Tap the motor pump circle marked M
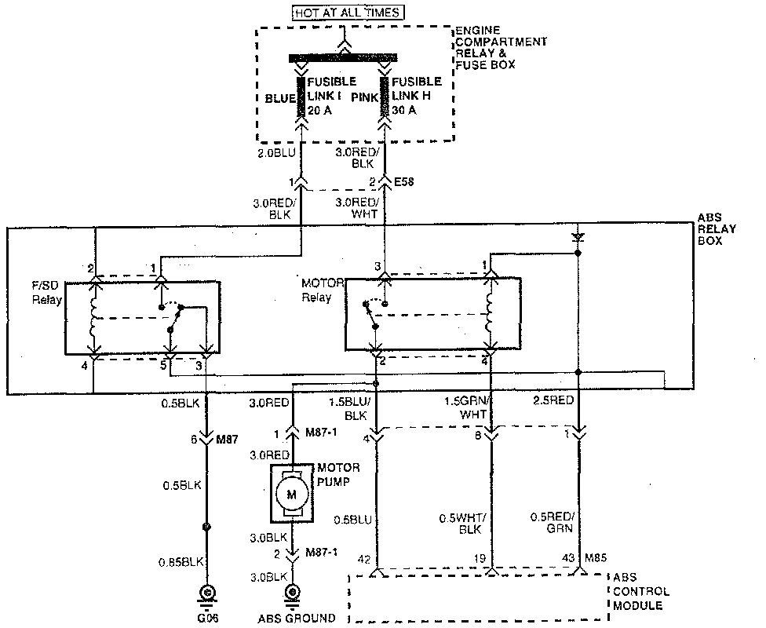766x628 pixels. pos(292,494)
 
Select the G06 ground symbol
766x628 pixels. pos(208,594)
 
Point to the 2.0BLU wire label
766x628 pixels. pos(275,153)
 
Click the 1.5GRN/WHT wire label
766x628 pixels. pos(466,407)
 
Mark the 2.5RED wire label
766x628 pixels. pos(554,401)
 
